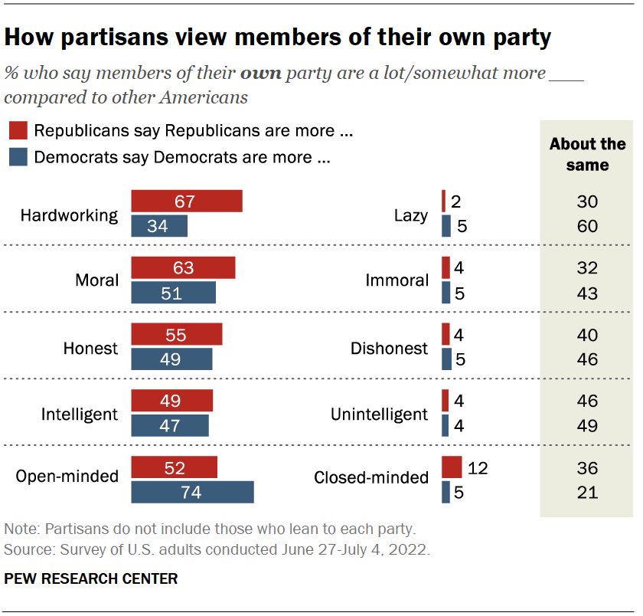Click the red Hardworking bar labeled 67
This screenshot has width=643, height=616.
pos(186,202)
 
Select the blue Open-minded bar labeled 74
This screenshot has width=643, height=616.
pos(192,493)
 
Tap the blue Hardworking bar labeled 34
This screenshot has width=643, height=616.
pos(159,227)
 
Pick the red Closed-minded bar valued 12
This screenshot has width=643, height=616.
pos(452,467)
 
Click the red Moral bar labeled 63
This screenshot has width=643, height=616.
pos(183,268)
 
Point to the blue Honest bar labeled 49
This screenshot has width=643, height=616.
pos(171,359)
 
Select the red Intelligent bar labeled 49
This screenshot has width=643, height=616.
pos(171,401)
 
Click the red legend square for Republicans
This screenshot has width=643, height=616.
pos(18,131)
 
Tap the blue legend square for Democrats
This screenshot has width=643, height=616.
pos(18,157)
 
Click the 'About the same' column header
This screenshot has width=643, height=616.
pos(587,154)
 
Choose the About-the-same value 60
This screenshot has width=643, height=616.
pos(587,227)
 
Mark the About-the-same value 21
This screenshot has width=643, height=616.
pos(587,493)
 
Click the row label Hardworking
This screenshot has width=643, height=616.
pos(69,215)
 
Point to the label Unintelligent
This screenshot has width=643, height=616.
pos(379,414)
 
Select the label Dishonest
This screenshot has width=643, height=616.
pos(389,349)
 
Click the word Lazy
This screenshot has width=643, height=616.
pos(410,215)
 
